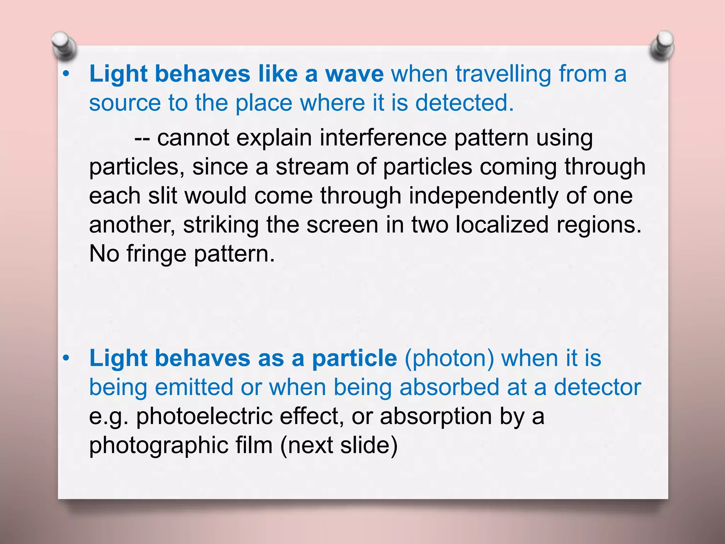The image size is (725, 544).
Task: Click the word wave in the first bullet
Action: pos(354,74)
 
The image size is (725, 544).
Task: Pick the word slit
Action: pos(162,196)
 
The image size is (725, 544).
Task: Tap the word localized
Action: pos(502,225)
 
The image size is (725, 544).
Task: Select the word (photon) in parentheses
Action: pos(449,358)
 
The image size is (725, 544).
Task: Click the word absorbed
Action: pos(449,387)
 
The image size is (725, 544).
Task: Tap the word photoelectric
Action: pos(204,416)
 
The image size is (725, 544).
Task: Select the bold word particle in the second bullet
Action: pos(354,358)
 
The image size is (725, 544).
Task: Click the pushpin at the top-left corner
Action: pos(64,45)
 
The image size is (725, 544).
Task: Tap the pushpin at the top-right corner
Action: pos(662,45)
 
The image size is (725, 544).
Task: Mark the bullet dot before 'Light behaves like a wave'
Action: pos(65,74)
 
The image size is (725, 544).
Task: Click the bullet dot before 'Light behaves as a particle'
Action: pos(65,358)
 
